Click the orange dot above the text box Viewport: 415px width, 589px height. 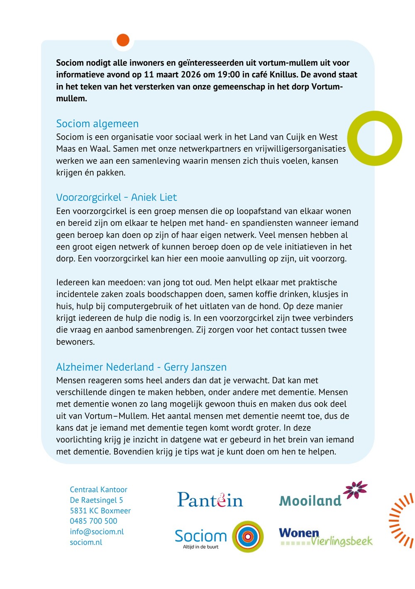[x=123, y=40]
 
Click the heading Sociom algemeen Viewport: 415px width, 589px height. [x=97, y=124]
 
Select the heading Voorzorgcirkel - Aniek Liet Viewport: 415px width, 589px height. [x=116, y=197]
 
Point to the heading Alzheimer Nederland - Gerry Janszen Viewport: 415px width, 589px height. [x=141, y=367]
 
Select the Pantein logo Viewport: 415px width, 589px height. [x=210, y=500]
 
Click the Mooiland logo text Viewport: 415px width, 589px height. [x=310, y=501]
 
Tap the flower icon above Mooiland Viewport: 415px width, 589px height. [x=355, y=489]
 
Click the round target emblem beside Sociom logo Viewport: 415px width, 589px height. [x=247, y=537]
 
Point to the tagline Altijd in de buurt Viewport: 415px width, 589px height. [x=200, y=547]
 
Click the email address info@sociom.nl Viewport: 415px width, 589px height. [x=97, y=532]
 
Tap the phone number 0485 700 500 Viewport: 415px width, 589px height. [x=93, y=521]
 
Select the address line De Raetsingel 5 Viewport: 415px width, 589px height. [x=96, y=500]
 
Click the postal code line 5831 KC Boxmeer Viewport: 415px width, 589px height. [x=100, y=511]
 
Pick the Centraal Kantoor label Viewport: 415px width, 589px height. [x=98, y=490]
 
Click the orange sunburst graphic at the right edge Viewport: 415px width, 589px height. [x=402, y=521]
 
